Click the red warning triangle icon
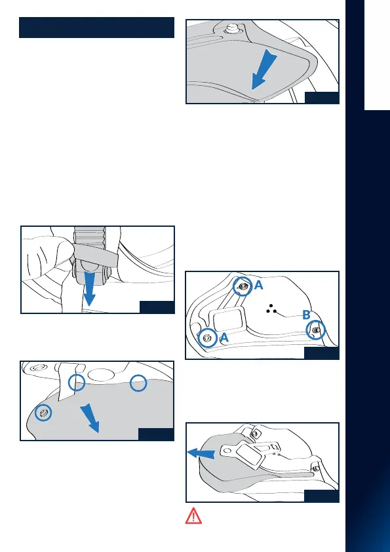[x=193, y=516]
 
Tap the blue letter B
[x=306, y=315]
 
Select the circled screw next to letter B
[x=316, y=330]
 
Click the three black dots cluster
[x=271, y=309]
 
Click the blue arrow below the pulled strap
[x=89, y=288]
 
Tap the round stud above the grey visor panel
[x=231, y=29]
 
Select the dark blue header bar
[x=97, y=28]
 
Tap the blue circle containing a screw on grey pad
[x=43, y=412]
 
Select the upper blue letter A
[x=259, y=285]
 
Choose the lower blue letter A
[x=224, y=338]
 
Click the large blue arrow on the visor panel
[x=264, y=69]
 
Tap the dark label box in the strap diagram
[x=157, y=307]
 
